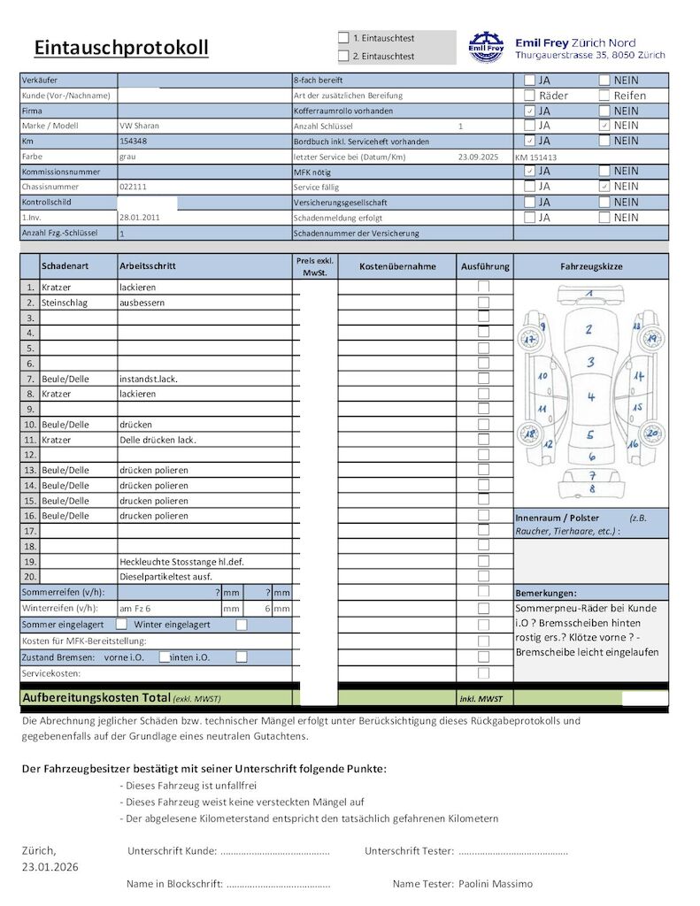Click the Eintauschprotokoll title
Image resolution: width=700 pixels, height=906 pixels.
(x=121, y=48)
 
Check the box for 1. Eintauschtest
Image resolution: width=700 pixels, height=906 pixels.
(x=343, y=38)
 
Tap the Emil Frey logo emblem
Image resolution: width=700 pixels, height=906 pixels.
(x=486, y=47)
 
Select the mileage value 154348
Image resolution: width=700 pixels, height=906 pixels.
(x=134, y=142)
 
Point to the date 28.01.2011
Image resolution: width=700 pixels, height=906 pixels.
(x=140, y=218)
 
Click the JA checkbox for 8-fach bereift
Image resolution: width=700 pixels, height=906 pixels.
(x=529, y=80)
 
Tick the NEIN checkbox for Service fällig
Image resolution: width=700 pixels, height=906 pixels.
(x=604, y=187)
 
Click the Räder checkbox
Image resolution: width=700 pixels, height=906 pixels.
(x=529, y=96)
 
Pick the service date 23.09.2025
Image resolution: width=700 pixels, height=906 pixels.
(x=479, y=157)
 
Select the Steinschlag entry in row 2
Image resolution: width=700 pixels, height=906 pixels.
(x=65, y=303)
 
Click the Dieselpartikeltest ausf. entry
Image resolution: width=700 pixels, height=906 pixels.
(x=165, y=577)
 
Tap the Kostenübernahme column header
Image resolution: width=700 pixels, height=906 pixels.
(x=396, y=266)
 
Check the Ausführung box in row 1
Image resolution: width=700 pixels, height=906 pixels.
(x=484, y=287)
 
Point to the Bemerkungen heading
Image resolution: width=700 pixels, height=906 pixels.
(x=546, y=593)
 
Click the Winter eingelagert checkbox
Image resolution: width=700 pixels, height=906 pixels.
(x=242, y=625)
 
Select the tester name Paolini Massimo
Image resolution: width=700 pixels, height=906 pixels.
(x=496, y=884)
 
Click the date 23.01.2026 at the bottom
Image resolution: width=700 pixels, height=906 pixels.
(x=50, y=867)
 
